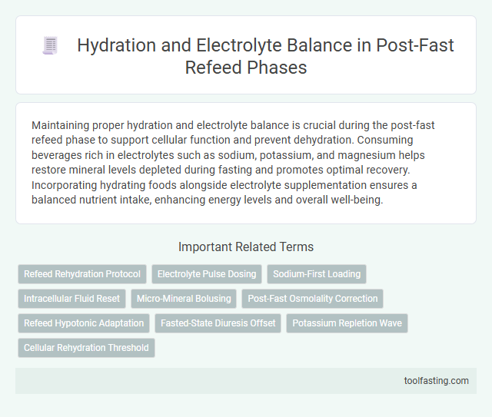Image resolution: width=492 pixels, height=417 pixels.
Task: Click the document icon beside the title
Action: (50, 46)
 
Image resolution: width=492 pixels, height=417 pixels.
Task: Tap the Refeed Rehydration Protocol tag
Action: (82, 274)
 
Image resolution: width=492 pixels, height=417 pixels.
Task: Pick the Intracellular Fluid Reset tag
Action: (71, 299)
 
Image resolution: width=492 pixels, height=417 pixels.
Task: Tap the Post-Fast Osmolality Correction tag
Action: (312, 299)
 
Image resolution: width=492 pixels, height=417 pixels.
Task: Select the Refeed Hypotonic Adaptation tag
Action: (84, 323)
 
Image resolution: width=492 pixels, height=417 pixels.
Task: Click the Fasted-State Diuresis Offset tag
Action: (218, 323)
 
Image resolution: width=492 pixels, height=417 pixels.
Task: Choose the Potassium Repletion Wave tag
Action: (347, 323)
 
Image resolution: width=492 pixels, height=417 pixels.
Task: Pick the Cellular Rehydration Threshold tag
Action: (86, 348)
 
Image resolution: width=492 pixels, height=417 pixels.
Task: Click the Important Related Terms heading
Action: (245, 247)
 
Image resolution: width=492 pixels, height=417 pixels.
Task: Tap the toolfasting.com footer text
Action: (437, 380)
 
